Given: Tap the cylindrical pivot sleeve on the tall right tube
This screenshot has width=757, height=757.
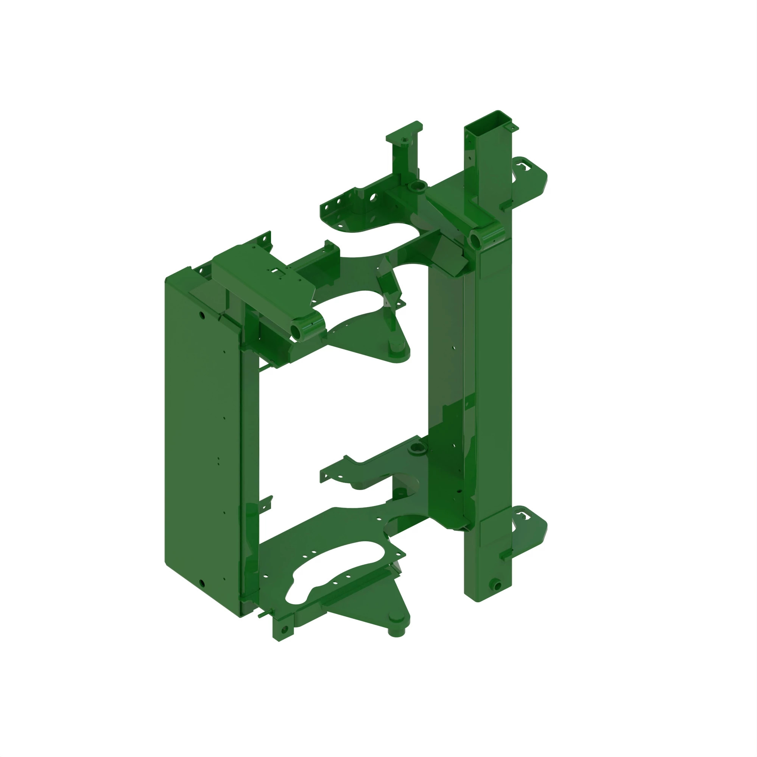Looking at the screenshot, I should (x=478, y=238).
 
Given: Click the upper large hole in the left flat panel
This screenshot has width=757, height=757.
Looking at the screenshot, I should (x=202, y=314).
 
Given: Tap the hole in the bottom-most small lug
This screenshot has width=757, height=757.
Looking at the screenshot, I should (x=285, y=630).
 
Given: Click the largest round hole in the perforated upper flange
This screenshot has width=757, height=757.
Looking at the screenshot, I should (x=372, y=197).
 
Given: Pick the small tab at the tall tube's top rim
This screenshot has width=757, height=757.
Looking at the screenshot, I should (x=511, y=128).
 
